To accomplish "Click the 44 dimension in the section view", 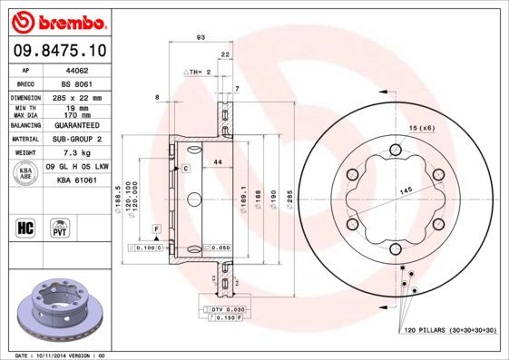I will tap(217, 162).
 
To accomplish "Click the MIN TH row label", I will tap(26, 109).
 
